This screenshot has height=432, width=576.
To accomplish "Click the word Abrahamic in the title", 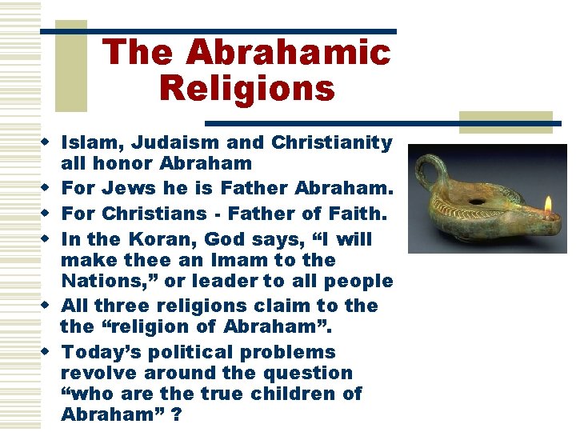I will coord(289,53).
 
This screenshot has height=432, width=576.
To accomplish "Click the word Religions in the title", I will coord(246,87).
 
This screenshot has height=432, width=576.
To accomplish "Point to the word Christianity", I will coord(332,143).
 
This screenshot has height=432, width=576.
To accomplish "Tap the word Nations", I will coord(98,282).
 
